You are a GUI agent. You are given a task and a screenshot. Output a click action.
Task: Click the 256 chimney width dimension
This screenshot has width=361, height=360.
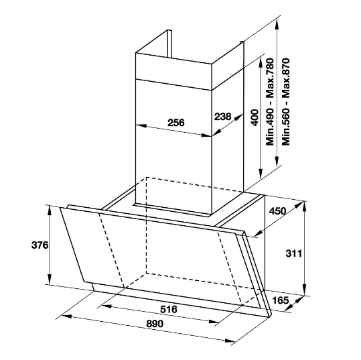pos(176,123)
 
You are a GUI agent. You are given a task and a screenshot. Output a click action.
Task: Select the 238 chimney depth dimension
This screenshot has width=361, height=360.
pos(222,117)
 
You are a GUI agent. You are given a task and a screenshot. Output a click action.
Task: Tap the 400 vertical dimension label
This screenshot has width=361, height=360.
pos(255,117)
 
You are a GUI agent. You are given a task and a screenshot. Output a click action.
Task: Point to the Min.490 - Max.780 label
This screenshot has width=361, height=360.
pos(271,102)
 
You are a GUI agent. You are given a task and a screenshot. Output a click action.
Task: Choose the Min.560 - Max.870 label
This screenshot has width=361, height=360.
pos(286,102)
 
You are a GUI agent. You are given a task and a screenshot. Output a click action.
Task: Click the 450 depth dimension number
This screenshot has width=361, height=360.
pos(277,211)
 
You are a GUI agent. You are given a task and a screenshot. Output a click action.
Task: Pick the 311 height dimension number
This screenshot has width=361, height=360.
pos(293,253)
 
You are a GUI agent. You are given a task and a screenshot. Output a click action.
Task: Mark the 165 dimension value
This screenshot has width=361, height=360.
pos(280,300)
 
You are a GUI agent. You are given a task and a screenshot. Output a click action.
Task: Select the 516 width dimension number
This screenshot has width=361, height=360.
pos(169,309)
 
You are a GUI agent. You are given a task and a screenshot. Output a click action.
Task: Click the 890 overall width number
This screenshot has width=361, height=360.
pos(155,324)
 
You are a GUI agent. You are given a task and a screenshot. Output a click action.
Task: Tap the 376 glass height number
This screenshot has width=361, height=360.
pos(40,245)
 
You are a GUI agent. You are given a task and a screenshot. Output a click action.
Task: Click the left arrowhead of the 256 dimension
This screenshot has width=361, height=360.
pos(141,126)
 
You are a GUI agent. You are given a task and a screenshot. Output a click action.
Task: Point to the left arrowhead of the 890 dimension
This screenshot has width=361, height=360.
pos(66,316)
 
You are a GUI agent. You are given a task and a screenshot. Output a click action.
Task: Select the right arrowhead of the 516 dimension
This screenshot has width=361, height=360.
pos(214,322)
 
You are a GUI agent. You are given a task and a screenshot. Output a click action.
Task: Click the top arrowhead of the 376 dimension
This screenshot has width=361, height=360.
pos(50,211)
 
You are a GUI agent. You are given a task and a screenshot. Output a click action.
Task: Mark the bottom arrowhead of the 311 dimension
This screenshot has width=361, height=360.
pos(304,290)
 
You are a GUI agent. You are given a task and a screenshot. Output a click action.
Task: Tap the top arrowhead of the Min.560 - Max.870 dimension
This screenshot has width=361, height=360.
pos(277,24)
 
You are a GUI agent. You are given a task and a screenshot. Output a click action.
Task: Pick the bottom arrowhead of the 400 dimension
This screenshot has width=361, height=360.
pos(261,174)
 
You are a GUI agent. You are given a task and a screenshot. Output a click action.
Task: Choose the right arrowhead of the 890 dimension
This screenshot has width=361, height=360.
pos(230,341)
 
